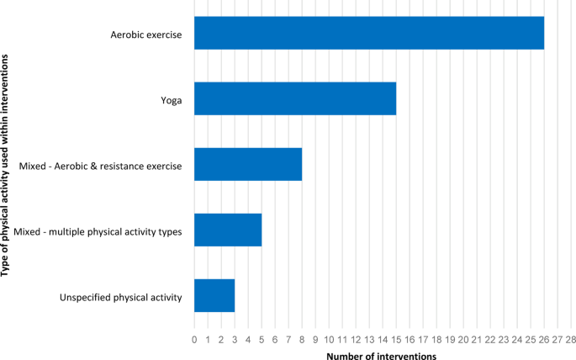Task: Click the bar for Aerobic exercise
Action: pos(368,34)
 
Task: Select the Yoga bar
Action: pos(294,99)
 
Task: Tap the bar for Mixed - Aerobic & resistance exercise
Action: pos(247,164)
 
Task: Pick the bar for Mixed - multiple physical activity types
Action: pos(227,230)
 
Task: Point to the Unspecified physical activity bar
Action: pos(214,295)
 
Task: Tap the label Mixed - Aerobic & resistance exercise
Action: pos(100,166)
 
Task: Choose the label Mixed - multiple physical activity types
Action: pos(98,231)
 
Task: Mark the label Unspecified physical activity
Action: pos(121,297)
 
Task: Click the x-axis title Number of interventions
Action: pos(381,356)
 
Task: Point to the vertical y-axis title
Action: pos(7,164)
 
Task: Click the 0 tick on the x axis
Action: pos(194,339)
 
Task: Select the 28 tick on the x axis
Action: pos(571,339)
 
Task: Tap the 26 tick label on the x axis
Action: pos(544,339)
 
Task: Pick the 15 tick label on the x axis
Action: pos(396,339)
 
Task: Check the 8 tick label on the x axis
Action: pos(302,339)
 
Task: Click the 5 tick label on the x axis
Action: pos(262,339)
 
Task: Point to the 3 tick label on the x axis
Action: pos(235,339)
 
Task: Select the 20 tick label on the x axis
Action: pos(463,339)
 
